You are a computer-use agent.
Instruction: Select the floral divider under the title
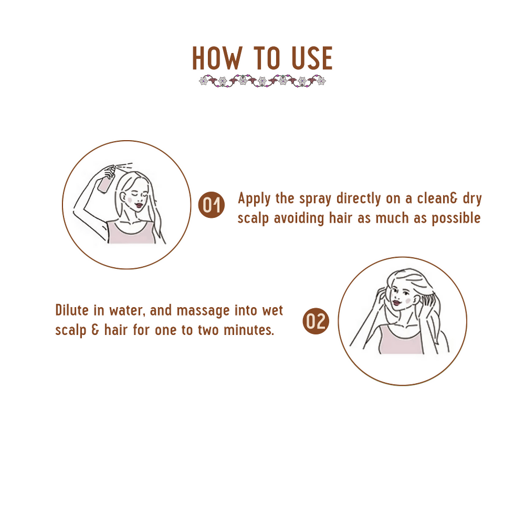(262, 81)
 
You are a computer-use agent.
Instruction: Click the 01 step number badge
(211, 205)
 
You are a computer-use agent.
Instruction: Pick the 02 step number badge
(316, 321)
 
